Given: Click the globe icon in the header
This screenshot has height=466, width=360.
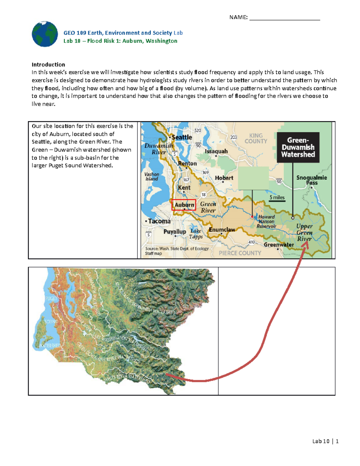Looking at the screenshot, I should pyautogui.click(x=45, y=34).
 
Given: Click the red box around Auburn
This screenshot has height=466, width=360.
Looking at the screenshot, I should pyautogui.click(x=184, y=205).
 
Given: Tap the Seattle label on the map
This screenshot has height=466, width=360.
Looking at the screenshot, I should pyautogui.click(x=181, y=137).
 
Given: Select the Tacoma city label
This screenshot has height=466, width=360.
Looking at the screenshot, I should pyautogui.click(x=159, y=221).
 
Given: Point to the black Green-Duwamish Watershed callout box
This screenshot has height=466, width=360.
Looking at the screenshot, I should pyautogui.click(x=298, y=147).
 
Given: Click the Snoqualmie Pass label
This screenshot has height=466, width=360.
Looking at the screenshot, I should pyautogui.click(x=312, y=180).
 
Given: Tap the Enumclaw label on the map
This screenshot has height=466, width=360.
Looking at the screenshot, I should pyautogui.click(x=222, y=230).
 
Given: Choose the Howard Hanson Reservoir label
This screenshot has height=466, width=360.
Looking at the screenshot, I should pyautogui.click(x=266, y=221).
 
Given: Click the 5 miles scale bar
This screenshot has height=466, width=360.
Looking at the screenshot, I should pyautogui.click(x=277, y=199).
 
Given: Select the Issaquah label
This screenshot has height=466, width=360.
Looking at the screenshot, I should pyautogui.click(x=216, y=152).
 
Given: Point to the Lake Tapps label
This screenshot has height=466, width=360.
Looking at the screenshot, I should pyautogui.click(x=196, y=234).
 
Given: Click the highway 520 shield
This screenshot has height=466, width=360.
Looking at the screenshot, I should pyautogui.click(x=198, y=131).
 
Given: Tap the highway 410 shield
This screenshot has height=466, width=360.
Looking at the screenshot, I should pyautogui.click(x=251, y=242).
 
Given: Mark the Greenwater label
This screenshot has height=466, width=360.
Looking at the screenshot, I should pyautogui.click(x=279, y=245).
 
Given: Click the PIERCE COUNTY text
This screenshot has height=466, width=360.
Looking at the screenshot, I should pyautogui.click(x=240, y=253).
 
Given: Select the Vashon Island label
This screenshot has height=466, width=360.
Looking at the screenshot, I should pyautogui.click(x=152, y=176).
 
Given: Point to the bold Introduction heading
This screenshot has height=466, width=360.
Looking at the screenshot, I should pyautogui.click(x=48, y=65).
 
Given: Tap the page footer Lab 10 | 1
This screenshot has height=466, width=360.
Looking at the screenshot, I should pyautogui.click(x=325, y=441).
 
